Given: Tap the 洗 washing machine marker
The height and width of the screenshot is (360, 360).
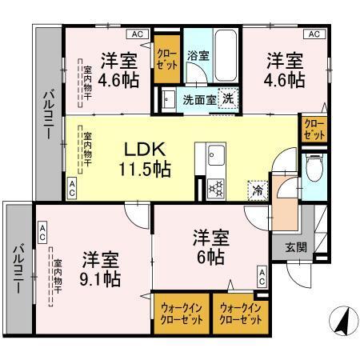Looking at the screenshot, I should (227, 98).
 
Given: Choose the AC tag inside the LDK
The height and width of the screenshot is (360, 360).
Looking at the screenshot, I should (72, 190).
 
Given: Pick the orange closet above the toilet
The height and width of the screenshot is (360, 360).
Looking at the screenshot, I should (312, 130).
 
